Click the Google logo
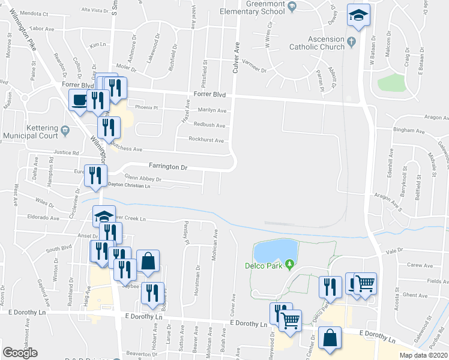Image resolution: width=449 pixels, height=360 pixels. point(20,352)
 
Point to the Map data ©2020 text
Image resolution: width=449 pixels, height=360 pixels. point(423,355)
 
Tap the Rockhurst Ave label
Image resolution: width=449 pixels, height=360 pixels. point(206,140)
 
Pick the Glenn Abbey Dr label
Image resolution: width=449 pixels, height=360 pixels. point(142,179)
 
